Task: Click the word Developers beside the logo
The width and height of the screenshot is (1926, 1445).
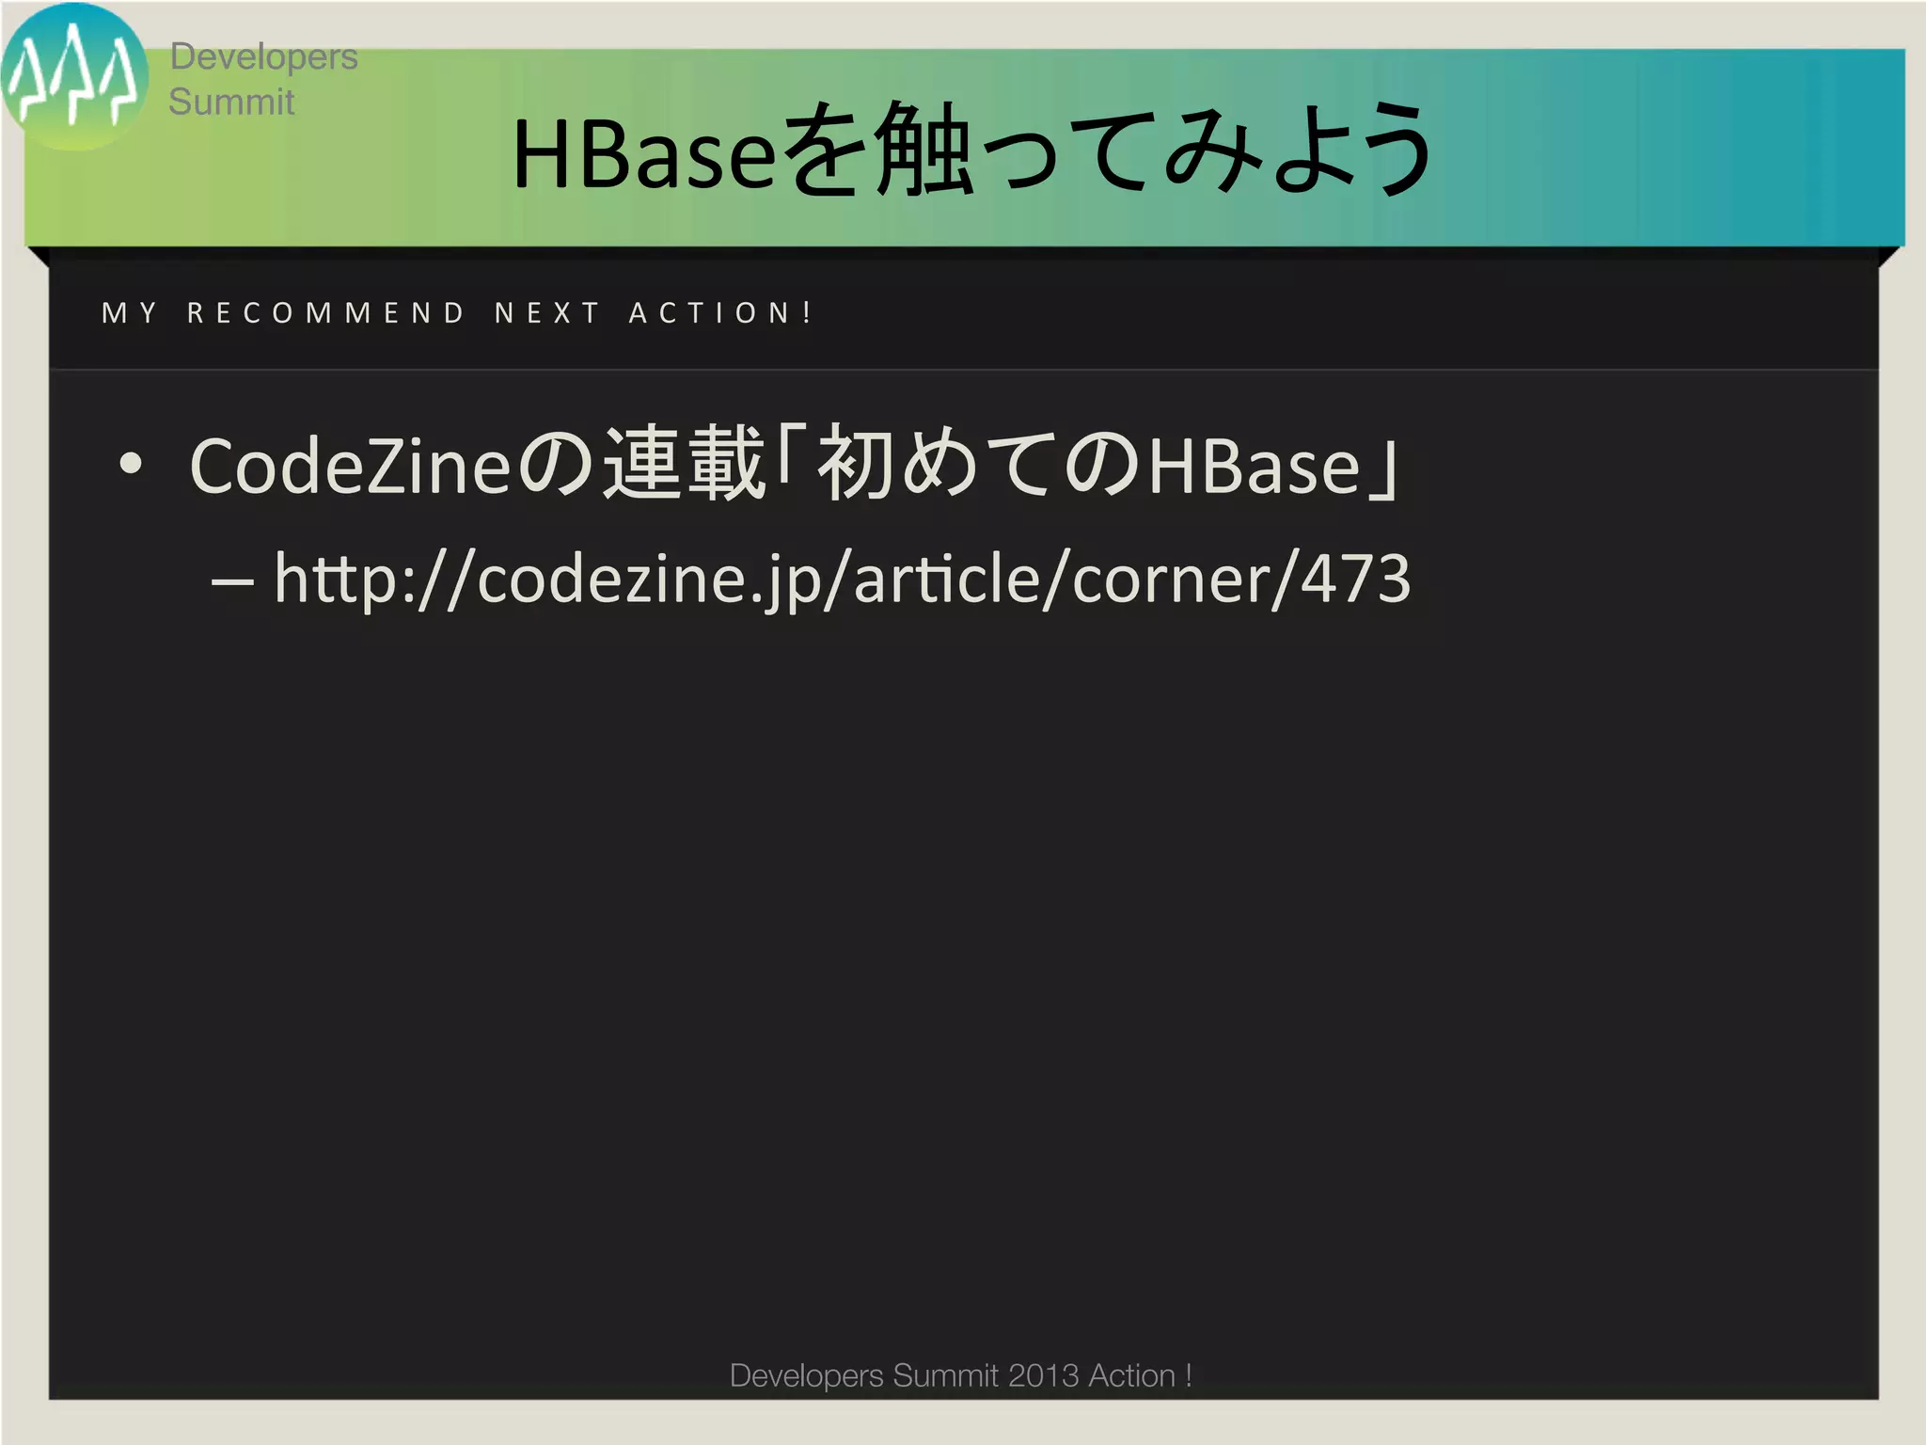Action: pos(263,56)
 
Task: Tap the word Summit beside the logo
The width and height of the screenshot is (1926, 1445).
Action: pos(231,102)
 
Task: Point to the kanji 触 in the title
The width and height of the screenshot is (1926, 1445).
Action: pos(923,151)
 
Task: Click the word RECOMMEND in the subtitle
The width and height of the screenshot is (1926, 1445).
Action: pos(325,312)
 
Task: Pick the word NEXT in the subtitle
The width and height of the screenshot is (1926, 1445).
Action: pos(547,312)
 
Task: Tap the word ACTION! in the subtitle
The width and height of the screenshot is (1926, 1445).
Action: pos(720,312)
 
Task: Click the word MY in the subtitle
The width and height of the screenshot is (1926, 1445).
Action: pos(130,312)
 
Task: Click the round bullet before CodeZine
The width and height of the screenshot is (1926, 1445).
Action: pos(131,464)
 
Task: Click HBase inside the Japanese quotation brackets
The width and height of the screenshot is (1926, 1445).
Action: pos(1255,466)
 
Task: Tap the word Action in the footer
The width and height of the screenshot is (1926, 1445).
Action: pos(1131,1375)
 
